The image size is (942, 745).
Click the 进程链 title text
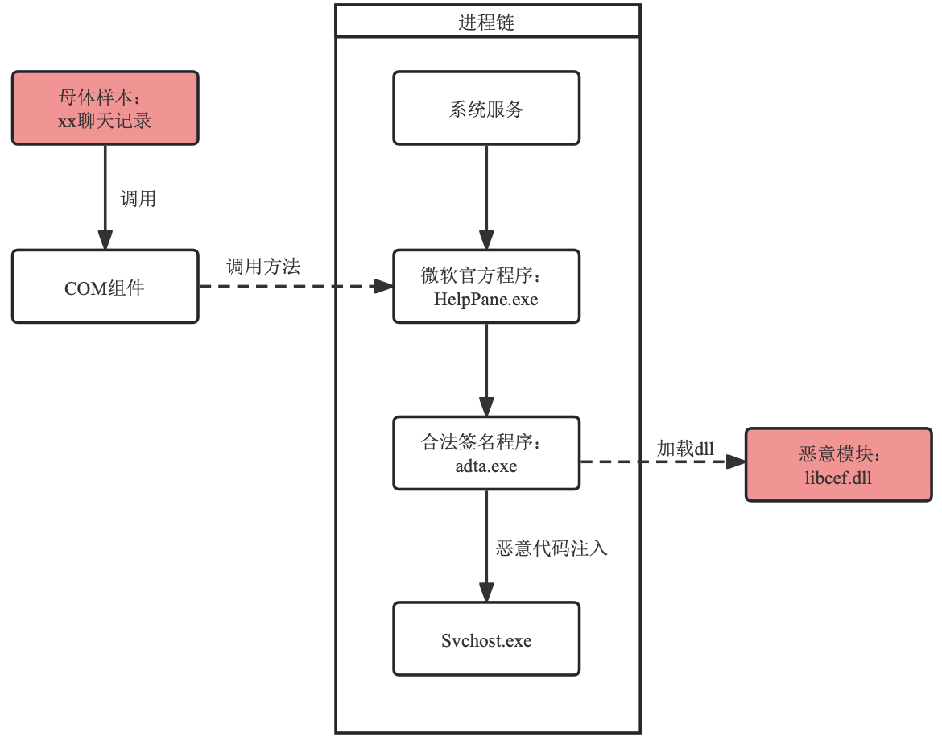coord(486,23)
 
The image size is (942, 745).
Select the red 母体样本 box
coord(105,108)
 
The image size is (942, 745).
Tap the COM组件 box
coord(105,287)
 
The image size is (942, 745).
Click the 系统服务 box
coord(486,108)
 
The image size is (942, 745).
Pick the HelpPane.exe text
coord(486,300)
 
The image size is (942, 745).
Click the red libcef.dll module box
coord(838,465)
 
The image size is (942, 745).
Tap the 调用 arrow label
coord(138,199)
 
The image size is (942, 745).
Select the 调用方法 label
coord(263,267)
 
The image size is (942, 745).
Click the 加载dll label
coord(685,449)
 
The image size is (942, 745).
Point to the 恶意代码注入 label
coord(552,548)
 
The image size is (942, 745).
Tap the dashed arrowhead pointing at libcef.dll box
coord(736,461)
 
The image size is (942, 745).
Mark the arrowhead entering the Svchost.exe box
coord(486,593)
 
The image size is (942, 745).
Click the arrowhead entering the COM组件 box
coord(105,240)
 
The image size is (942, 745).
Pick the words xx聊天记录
coord(105,122)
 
